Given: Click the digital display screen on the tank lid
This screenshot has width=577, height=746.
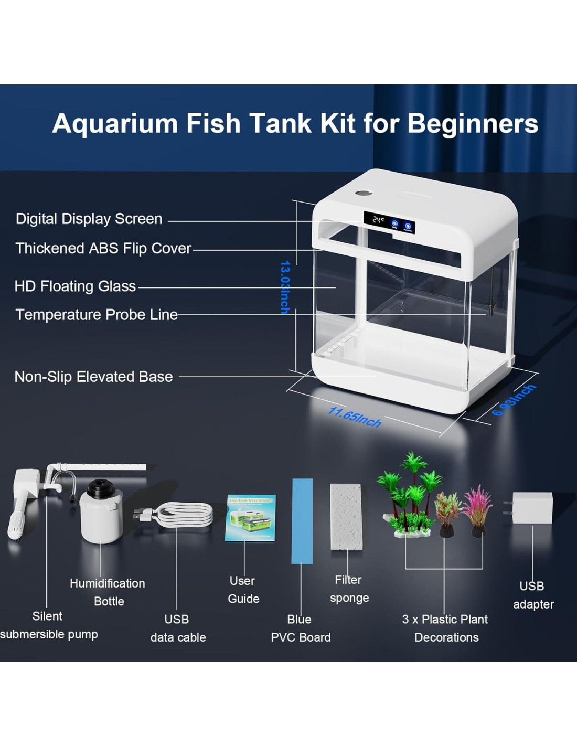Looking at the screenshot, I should pyautogui.click(x=389, y=221).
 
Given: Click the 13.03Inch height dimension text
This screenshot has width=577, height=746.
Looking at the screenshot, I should pyautogui.click(x=285, y=287).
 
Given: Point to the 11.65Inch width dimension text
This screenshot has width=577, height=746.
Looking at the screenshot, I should pyautogui.click(x=355, y=417).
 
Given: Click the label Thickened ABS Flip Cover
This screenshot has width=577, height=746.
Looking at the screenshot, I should pyautogui.click(x=103, y=248).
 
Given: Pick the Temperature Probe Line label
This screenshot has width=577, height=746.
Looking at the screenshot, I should pyautogui.click(x=97, y=314).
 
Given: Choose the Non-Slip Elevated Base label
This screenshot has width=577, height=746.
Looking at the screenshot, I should pyautogui.click(x=93, y=377).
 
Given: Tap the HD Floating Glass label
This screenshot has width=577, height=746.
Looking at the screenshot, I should pyautogui.click(x=75, y=286).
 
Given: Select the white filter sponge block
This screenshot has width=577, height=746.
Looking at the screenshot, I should pyautogui.click(x=346, y=517).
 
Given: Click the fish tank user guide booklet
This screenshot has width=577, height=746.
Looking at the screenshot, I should pyautogui.click(x=251, y=518).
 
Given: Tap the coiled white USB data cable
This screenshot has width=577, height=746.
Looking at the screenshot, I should pyautogui.click(x=184, y=514).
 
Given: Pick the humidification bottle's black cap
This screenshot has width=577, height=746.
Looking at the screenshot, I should pyautogui.click(x=101, y=489).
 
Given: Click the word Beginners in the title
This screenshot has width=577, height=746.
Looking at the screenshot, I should pyautogui.click(x=473, y=124).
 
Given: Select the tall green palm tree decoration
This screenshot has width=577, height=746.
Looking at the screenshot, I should pyautogui.click(x=412, y=493).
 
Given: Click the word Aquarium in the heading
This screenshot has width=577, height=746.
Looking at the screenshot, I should pyautogui.click(x=115, y=124).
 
